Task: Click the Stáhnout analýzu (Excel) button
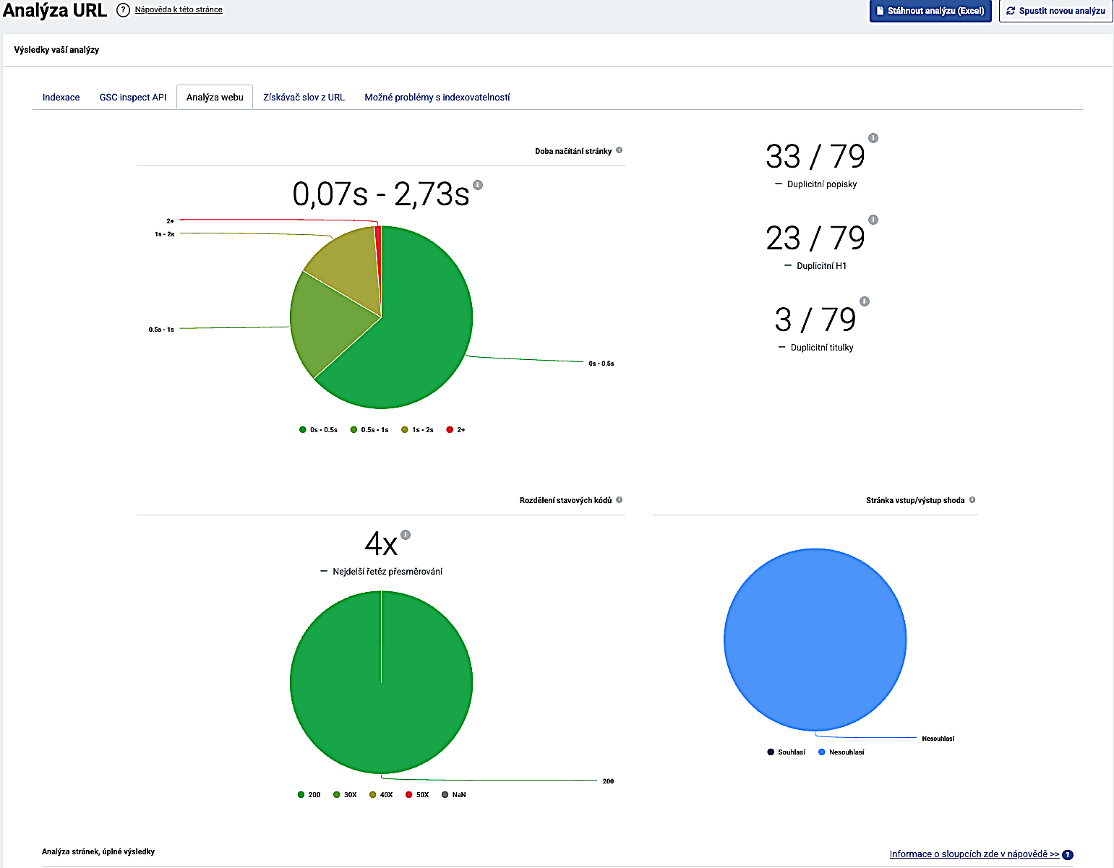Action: [x=930, y=11]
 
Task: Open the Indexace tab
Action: [x=61, y=98]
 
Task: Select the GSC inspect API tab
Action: [x=133, y=98]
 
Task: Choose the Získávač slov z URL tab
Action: [x=304, y=98]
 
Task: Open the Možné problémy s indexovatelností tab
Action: [x=437, y=98]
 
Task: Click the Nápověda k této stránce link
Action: [x=179, y=9]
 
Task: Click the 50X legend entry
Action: [x=417, y=795]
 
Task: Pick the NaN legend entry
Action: [x=453, y=795]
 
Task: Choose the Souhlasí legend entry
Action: [x=786, y=752]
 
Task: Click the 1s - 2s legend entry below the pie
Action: [x=417, y=430]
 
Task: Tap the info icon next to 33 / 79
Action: [x=873, y=138]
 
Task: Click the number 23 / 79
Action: [x=815, y=238]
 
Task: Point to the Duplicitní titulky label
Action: [x=822, y=348]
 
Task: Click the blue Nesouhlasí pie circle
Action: [x=815, y=640]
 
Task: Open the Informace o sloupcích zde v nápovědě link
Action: [x=974, y=854]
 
